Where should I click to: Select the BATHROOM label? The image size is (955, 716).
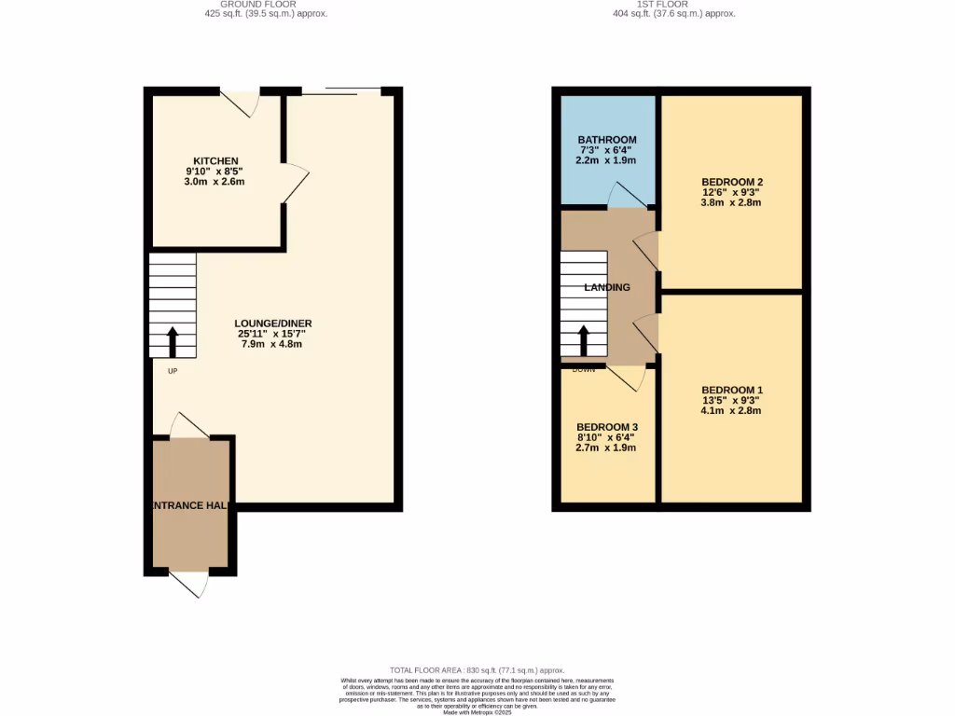pyautogui.click(x=606, y=140)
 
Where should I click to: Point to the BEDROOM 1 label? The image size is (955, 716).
pyautogui.click(x=732, y=390)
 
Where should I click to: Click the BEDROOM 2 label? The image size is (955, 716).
pyautogui.click(x=732, y=182)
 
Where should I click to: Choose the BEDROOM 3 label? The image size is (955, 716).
pyautogui.click(x=606, y=427)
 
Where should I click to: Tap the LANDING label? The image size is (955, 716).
pyautogui.click(x=607, y=287)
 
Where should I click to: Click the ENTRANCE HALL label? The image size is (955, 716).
pyautogui.click(x=191, y=504)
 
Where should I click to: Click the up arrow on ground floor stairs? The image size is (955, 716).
pyautogui.click(x=173, y=341)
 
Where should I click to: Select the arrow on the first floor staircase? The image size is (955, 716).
pyautogui.click(x=584, y=341)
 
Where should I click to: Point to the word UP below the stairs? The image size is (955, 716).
pyautogui.click(x=173, y=371)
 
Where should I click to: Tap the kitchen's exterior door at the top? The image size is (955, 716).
pyautogui.click(x=241, y=103)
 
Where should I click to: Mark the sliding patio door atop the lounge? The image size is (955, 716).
pyautogui.click(x=340, y=91)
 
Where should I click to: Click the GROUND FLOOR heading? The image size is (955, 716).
pyautogui.click(x=265, y=5)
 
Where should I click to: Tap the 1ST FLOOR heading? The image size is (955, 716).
pyautogui.click(x=674, y=5)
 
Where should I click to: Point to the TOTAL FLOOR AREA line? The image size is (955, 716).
pyautogui.click(x=477, y=670)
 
